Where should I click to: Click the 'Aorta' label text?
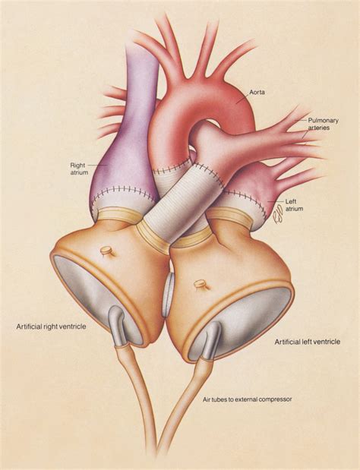point(257,92)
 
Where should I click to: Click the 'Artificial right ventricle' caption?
point(51,326)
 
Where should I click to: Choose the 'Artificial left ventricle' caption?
point(308,342)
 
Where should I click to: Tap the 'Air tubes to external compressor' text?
point(248,399)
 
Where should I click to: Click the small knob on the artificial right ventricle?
point(106,251)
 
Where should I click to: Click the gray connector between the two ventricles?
point(168,295)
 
